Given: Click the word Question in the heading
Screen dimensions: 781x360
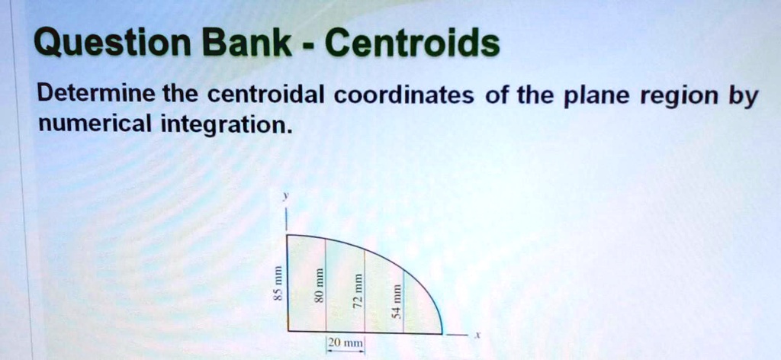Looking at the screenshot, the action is (x=112, y=43).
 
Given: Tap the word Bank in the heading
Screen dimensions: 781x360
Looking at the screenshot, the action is (x=247, y=42).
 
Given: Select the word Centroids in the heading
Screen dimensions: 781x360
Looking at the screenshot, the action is (x=410, y=42).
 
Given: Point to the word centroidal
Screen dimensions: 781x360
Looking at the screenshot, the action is (x=266, y=95).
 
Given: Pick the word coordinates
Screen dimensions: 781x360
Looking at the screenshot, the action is (x=404, y=95).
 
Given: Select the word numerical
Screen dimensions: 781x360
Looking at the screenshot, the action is (x=95, y=124).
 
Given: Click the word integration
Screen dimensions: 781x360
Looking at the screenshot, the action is (x=225, y=125).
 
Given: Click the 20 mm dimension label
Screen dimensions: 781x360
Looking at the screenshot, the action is (x=346, y=343).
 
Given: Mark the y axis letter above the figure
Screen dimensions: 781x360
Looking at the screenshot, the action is (x=285, y=198).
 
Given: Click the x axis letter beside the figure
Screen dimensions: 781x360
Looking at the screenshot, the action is (x=477, y=336).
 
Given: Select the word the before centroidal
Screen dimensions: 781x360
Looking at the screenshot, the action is (x=181, y=95).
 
